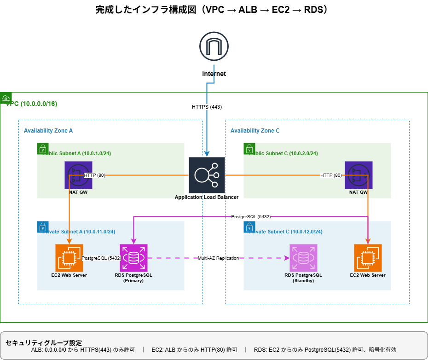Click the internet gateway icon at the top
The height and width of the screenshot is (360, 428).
pyautogui.click(x=214, y=46)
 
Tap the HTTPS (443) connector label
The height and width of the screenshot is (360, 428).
pyautogui.click(x=207, y=107)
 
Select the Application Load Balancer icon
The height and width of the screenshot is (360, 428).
pyautogui.click(x=207, y=175)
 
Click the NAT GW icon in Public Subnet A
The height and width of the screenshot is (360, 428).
pyautogui.click(x=78, y=175)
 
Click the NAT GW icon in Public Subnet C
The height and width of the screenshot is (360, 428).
pyautogui.click(x=359, y=175)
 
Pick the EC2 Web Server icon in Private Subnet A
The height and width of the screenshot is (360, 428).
pyautogui.click(x=69, y=258)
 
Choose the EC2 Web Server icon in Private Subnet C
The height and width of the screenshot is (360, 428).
pyautogui.click(x=368, y=258)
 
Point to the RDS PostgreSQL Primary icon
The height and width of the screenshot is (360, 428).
pyautogui.click(x=133, y=258)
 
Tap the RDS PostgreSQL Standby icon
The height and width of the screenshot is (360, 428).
pyautogui.click(x=303, y=258)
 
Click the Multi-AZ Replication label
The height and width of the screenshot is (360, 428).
pyautogui.click(x=219, y=258)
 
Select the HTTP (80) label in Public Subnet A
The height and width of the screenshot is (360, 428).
pyautogui.click(x=95, y=175)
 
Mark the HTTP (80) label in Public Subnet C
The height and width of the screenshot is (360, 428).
pyautogui.click(x=331, y=175)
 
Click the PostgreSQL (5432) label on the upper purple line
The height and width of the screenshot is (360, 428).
pyautogui.click(x=251, y=216)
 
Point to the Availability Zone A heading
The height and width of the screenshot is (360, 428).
pyautogui.click(x=48, y=131)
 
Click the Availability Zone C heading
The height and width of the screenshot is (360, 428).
pyautogui.click(x=255, y=131)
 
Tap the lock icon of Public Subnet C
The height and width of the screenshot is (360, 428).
pyautogui.click(x=249, y=148)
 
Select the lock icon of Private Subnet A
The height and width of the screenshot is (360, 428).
pyautogui.click(x=43, y=226)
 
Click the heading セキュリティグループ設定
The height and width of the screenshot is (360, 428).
pyautogui.click(x=44, y=343)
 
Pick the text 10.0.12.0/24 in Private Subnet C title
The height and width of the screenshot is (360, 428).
pyautogui.click(x=306, y=232)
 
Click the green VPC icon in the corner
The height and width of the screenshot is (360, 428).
pyautogui.click(x=6, y=98)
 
